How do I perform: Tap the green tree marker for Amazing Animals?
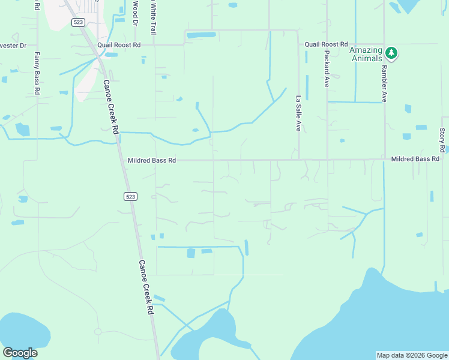pyautogui.click(x=391, y=53)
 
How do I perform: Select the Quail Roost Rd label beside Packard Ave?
pyautogui.click(x=326, y=44)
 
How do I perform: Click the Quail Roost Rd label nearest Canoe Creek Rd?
pyautogui.click(x=121, y=44)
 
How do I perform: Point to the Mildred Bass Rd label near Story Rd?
pyautogui.click(x=415, y=159)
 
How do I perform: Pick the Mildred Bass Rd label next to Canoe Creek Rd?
pyautogui.click(x=152, y=160)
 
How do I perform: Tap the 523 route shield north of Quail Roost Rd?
pyautogui.click(x=77, y=22)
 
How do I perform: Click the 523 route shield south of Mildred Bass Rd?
pyautogui.click(x=131, y=196)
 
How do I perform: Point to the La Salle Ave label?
pyautogui.click(x=298, y=113)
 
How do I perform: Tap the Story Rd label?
pyautogui.click(x=442, y=140)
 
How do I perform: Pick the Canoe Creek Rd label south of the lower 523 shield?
pyautogui.click(x=146, y=287)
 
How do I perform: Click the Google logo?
pyautogui.click(x=20, y=353)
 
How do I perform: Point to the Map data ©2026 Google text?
pyautogui.click(x=411, y=355)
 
